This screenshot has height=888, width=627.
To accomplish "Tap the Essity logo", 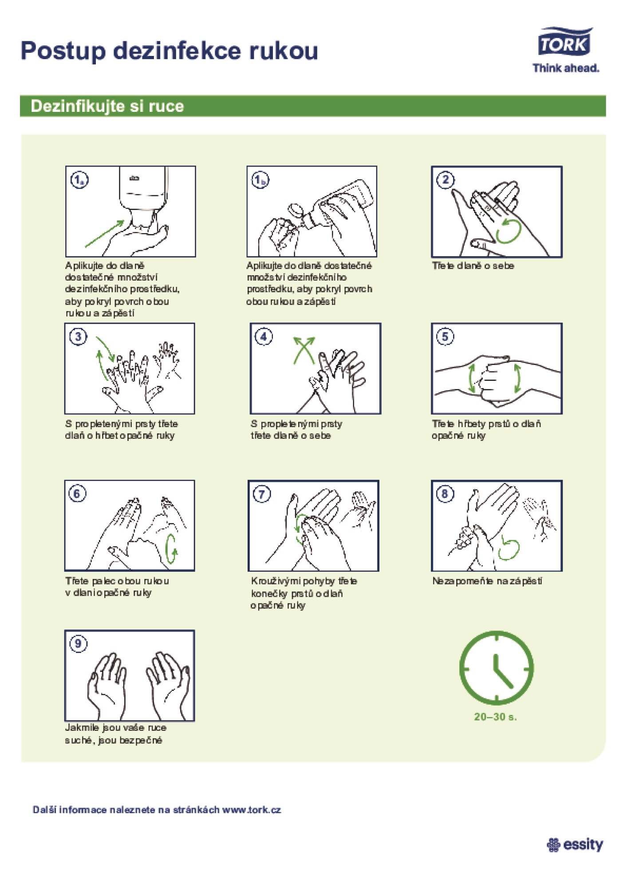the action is (x=575, y=845).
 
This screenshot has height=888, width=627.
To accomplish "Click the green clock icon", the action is (x=497, y=668).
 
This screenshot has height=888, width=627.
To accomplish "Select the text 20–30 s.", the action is (x=495, y=717).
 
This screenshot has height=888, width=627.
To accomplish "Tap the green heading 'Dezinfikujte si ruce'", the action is (x=107, y=106).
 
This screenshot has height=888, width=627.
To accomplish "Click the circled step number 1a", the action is (x=79, y=180).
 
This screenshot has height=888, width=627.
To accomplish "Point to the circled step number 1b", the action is (x=260, y=180).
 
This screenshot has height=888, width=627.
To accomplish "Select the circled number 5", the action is (x=445, y=337).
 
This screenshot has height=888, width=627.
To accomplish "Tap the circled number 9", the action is (x=78, y=644).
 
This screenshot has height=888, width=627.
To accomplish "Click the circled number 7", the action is (x=262, y=494).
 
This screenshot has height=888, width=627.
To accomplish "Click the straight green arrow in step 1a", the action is (x=105, y=233).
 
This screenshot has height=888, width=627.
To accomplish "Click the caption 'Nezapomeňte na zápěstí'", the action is (x=487, y=581).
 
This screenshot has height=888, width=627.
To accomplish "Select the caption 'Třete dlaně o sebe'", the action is (x=473, y=266).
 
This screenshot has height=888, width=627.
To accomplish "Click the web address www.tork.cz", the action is (x=252, y=809).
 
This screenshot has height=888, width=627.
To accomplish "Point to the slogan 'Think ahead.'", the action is (x=566, y=68).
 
